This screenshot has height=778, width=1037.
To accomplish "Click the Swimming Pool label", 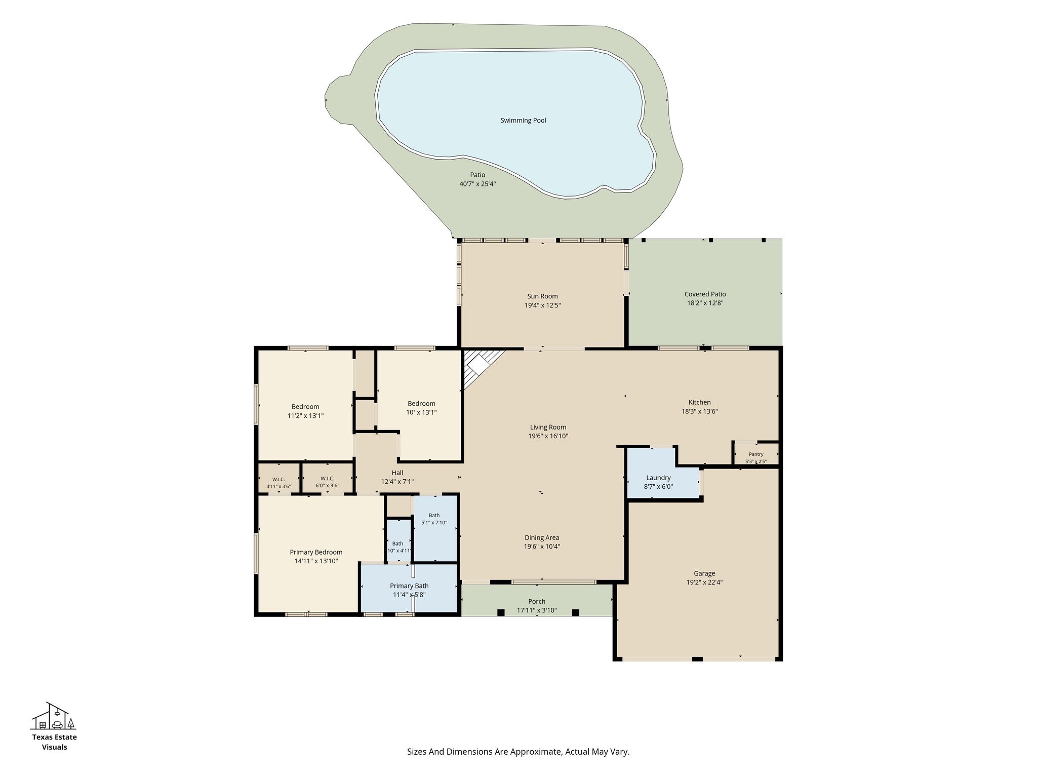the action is (x=523, y=121).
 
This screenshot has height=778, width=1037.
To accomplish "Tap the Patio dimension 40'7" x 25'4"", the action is (x=477, y=184).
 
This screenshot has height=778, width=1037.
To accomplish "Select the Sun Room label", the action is (x=542, y=296).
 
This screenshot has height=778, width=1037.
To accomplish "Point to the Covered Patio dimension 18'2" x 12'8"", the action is (x=704, y=303).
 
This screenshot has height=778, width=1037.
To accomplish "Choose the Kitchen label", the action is (x=699, y=403).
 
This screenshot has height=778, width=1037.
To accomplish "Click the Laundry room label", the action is (x=658, y=478).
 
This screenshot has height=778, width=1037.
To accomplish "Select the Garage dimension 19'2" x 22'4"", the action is (x=704, y=582).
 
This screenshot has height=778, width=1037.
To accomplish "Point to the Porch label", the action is (x=537, y=602).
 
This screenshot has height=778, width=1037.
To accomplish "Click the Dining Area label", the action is (x=542, y=538).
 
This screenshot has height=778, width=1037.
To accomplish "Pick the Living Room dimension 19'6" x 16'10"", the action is (x=548, y=436).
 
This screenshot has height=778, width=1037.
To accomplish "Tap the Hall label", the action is (x=397, y=473).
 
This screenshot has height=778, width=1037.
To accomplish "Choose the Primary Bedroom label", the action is (x=316, y=552).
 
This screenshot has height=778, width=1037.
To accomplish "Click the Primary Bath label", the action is (x=409, y=586).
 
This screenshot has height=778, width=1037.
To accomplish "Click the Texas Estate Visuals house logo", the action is (x=54, y=716).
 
